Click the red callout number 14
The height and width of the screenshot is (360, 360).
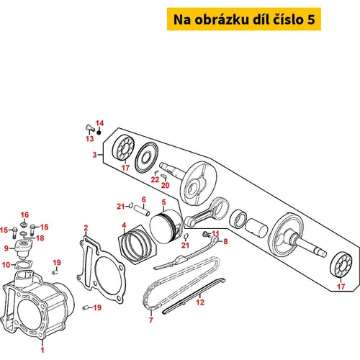(x=99, y=123)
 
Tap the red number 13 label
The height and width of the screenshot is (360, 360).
(x=90, y=138)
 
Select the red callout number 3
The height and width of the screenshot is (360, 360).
(x=95, y=155)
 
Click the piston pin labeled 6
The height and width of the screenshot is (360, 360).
(x=142, y=210)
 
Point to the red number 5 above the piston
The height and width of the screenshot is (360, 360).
(x=163, y=202)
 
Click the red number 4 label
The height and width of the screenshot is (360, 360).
(x=124, y=225)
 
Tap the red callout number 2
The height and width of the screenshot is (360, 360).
(x=86, y=228)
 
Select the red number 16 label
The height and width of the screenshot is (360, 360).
(x=24, y=215)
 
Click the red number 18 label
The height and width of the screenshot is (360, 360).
(x=40, y=238)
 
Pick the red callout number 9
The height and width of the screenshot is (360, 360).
(x=6, y=248)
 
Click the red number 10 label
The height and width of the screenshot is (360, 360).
(x=6, y=265)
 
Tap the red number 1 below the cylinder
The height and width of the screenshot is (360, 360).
(x=42, y=350)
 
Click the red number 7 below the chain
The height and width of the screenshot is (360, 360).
(x=151, y=320)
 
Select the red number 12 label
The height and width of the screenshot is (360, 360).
(x=200, y=302)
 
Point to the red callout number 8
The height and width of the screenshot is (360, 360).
(x=225, y=241)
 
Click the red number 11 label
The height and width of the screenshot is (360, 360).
(x=215, y=233)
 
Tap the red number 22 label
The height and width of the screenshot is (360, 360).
(x=155, y=179)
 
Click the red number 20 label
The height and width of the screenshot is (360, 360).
(x=165, y=185)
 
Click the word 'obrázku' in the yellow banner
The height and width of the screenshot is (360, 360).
(x=222, y=19)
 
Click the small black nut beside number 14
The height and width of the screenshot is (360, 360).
(x=99, y=132)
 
